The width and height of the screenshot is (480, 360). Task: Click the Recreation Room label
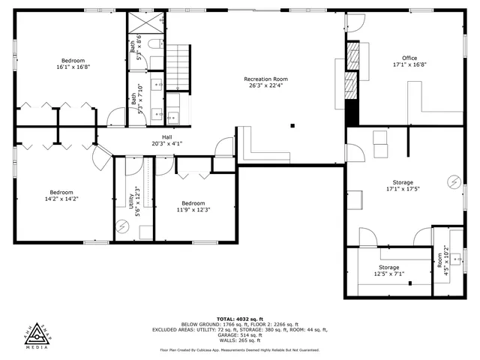(x=265, y=79)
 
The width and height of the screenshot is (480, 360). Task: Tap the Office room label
(x=409, y=58)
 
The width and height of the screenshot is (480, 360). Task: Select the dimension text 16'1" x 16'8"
(x=73, y=67)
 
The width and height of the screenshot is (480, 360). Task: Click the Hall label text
(x=167, y=137)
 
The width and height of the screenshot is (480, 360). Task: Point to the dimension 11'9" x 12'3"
(x=193, y=209)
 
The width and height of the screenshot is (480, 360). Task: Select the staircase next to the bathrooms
(x=178, y=66)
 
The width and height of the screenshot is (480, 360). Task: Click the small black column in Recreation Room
(x=292, y=126)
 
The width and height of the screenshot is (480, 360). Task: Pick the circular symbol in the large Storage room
(x=454, y=181)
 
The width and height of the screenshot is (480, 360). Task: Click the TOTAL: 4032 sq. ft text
(x=239, y=318)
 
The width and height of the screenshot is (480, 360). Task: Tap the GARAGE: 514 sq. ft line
(x=239, y=334)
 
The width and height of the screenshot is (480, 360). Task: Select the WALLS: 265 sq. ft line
(x=239, y=340)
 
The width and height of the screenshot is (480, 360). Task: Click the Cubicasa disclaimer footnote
(x=239, y=350)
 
